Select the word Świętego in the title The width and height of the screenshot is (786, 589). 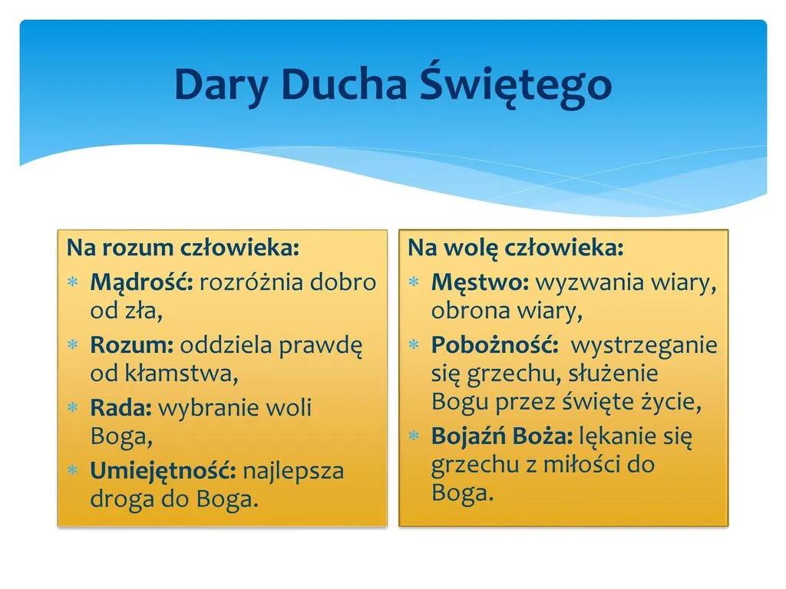click(x=517, y=85)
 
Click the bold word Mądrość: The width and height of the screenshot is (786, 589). click(x=141, y=282)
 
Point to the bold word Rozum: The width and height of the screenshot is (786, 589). click(x=132, y=345)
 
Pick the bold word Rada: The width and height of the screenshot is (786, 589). click(x=121, y=407)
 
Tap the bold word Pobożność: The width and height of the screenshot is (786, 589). click(x=495, y=345)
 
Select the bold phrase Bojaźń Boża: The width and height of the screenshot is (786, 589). click(x=502, y=437)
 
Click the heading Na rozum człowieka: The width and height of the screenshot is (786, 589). click(x=183, y=248)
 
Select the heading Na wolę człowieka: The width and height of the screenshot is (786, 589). click(x=516, y=248)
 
